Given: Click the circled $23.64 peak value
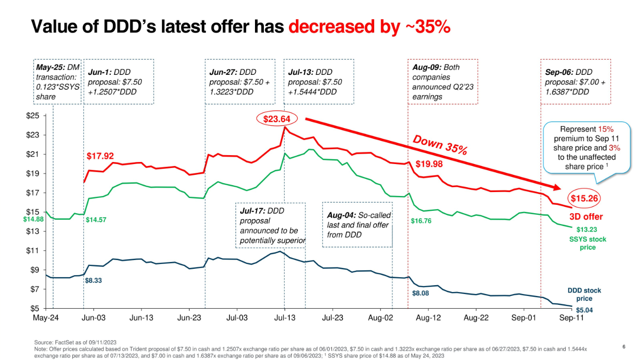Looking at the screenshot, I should pos(276,119).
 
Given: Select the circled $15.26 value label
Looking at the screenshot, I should pos(586,198).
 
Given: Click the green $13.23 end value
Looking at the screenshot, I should pos(587,229).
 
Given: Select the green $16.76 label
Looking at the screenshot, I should pos(421,221).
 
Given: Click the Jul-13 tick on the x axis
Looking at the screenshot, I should pos(285,318).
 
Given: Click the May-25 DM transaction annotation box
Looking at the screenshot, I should pos(57,82).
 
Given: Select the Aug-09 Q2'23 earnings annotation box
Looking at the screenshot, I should pos(443,82).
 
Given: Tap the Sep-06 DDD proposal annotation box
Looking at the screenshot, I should pos(576,82).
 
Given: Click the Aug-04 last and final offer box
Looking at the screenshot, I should pos(357,225).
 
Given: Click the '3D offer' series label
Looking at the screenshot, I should pos(586,217).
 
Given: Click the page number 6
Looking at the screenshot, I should pos(624,347).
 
